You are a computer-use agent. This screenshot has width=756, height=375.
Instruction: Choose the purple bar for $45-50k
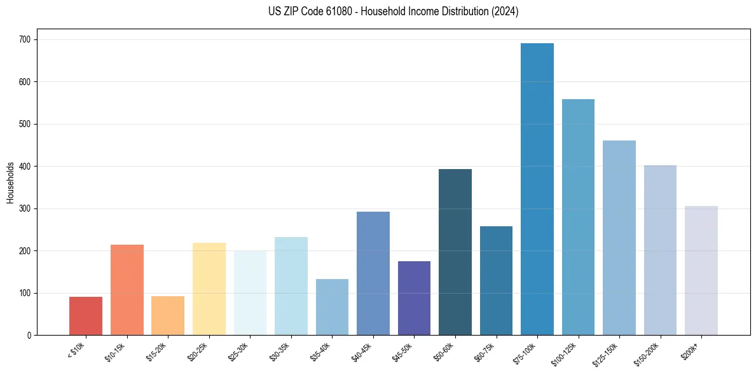pyautogui.click(x=414, y=298)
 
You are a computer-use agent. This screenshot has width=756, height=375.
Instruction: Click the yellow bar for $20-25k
pyautogui.click(x=209, y=289)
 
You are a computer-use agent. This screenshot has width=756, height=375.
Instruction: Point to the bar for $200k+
pyautogui.click(x=701, y=271)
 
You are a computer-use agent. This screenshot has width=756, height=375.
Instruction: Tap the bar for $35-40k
pyautogui.click(x=332, y=307)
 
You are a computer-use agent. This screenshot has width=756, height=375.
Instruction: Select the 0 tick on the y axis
pyautogui.click(x=31, y=336)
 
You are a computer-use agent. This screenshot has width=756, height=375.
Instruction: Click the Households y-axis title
pyautogui.click(x=10, y=182)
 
